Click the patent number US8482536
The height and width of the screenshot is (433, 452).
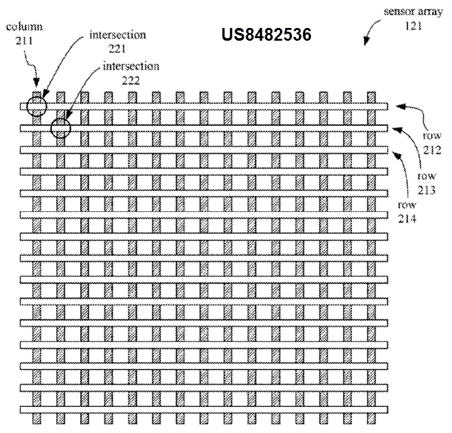(x=266, y=35)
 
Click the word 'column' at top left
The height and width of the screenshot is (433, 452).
(x=23, y=29)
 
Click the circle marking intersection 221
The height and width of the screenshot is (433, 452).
(x=36, y=106)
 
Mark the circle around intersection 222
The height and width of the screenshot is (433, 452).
(x=60, y=128)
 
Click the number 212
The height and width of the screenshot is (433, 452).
(x=435, y=148)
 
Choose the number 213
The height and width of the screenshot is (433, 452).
(x=425, y=189)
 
